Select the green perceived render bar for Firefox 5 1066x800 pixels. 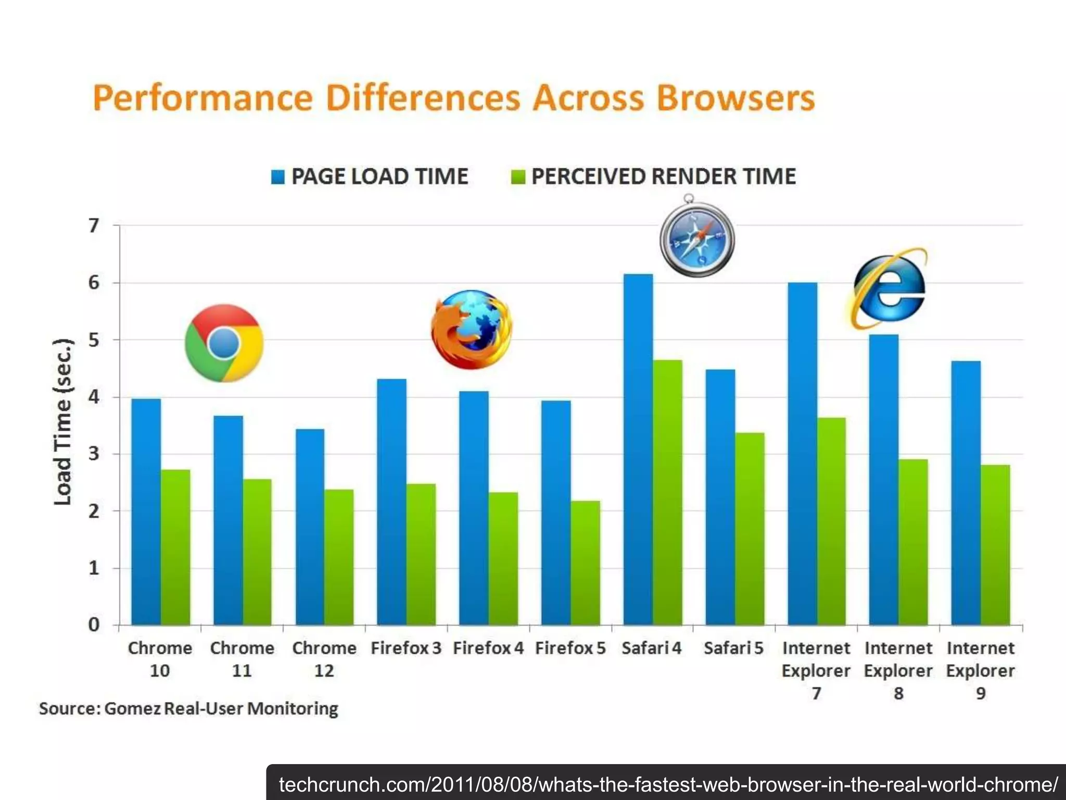(586, 562)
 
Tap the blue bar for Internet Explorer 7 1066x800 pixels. (802, 453)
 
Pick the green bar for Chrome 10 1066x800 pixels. (175, 547)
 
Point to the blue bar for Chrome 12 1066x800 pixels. (310, 526)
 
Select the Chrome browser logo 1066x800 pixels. (224, 343)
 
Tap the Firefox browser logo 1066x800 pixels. (472, 329)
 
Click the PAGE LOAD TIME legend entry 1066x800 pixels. (370, 177)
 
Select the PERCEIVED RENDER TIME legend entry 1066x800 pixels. (653, 177)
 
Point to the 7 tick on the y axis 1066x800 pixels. (94, 226)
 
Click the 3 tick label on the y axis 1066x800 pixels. (94, 454)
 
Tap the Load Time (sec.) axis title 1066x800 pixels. (63, 422)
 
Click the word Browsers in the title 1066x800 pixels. (735, 98)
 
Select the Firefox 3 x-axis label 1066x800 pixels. (406, 648)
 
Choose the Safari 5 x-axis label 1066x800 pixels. (733, 648)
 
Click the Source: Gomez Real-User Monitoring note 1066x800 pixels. (188, 708)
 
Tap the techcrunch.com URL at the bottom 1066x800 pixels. (668, 784)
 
